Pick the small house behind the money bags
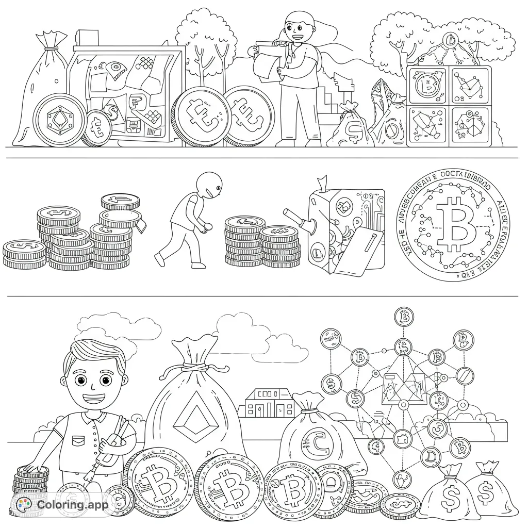click(x=269, y=404)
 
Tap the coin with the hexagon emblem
click(x=56, y=119)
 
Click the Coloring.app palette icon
click(x=24, y=505)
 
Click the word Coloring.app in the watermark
click(x=73, y=505)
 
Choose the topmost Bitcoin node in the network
click(x=405, y=317)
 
